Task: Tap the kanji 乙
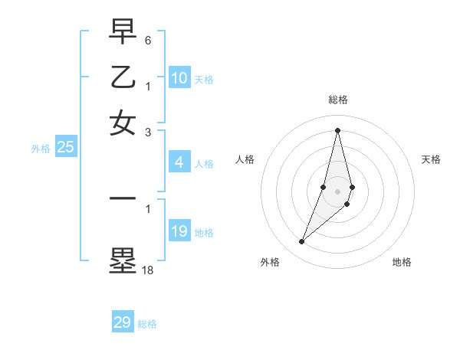pos(123,77)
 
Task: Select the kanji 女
pos(123,123)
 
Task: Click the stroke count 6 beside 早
pos(149,39)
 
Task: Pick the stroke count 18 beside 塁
pos(148,270)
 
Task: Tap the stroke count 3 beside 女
pos(149,132)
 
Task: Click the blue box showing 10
pos(179,78)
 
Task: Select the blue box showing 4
pos(179,162)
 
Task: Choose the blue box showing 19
pos(179,231)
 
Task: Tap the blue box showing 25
pos(65,148)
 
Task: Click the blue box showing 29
pos(122,322)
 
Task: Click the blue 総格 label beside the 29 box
pos(147,324)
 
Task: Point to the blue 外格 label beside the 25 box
pos(40,149)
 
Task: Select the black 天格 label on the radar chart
pos(431,159)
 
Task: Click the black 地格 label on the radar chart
pos(402,262)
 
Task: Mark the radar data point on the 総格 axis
pos(337,130)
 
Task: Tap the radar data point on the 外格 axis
pos(301,242)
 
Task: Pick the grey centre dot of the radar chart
pos(337,191)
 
